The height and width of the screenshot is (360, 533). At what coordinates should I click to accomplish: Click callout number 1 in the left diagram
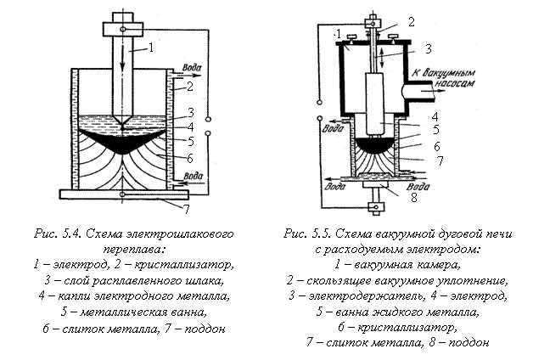[151, 48]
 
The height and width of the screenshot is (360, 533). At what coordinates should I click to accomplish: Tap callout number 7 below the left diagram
[186, 209]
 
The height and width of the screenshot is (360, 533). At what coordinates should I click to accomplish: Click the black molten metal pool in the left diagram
[122, 139]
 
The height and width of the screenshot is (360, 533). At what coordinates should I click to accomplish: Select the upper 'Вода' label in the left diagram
[192, 67]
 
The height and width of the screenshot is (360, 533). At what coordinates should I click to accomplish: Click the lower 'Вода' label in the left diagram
[193, 176]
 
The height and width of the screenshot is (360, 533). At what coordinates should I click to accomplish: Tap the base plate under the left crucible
[124, 194]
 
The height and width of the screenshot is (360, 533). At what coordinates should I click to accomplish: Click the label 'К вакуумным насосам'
[444, 78]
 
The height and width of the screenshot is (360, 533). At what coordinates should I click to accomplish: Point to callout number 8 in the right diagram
[413, 198]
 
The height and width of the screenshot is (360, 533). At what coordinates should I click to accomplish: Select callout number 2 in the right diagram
[412, 22]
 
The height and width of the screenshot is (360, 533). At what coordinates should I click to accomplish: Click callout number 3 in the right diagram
[429, 49]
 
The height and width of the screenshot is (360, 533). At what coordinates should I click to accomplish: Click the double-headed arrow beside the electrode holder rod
[383, 59]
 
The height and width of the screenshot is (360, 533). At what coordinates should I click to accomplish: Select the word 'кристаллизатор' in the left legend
[183, 265]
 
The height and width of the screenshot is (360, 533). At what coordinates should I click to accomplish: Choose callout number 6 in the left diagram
[189, 159]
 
